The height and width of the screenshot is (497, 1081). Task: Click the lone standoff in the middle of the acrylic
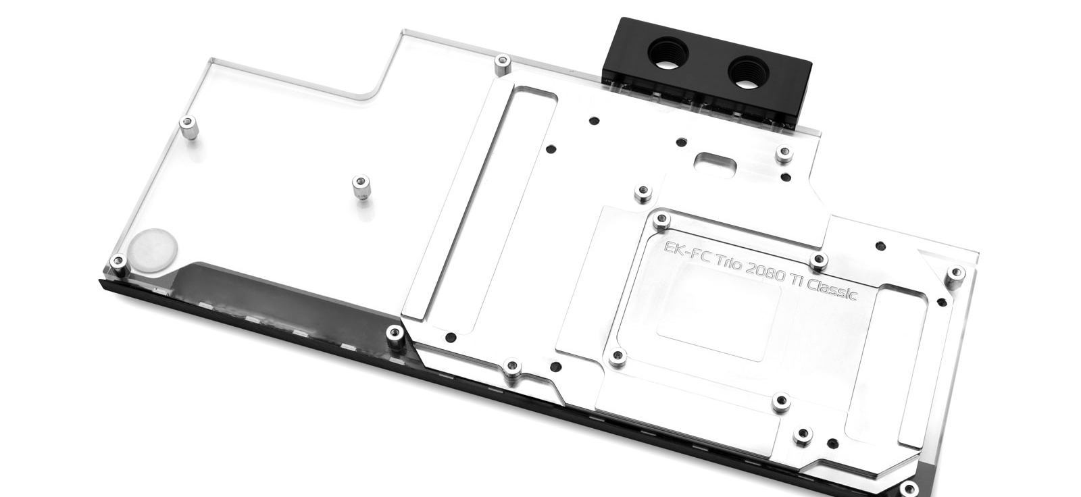click(360, 188)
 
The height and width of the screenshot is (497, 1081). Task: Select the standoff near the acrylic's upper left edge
click(188, 126)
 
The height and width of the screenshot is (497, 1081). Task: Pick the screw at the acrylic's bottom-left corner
click(118, 262)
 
